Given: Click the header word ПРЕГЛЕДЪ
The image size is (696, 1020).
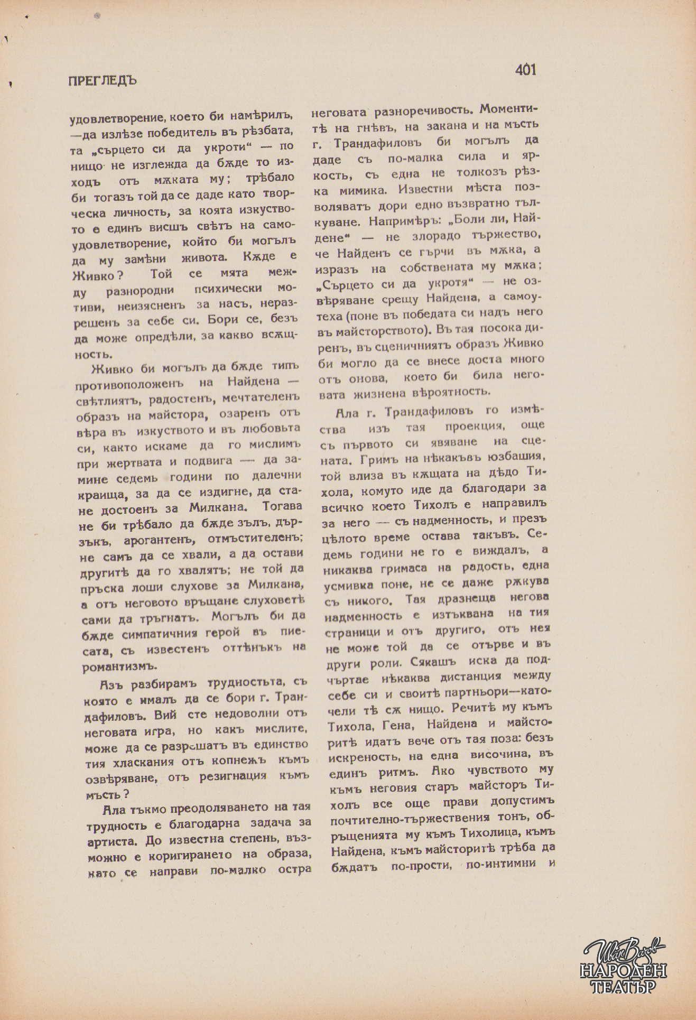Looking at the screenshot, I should pos(103,81).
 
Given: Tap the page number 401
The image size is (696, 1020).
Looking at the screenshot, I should pos(525,70).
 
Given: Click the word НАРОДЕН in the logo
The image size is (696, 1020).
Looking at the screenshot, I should pos(623,971).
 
